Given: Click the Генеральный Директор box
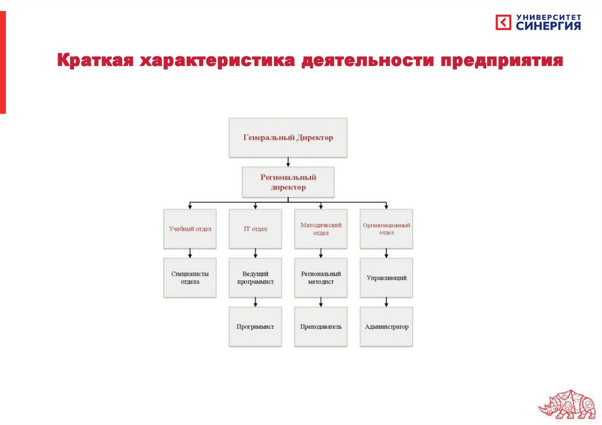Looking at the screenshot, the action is tap(288, 138).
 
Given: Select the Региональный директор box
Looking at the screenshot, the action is tap(288, 182).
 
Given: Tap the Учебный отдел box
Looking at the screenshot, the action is tap(190, 228).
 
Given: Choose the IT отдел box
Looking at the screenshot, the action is tap(255, 228).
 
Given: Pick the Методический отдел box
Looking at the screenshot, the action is tap(320, 228).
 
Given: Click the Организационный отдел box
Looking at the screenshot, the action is tap(386, 228).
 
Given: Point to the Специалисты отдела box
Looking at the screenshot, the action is tap(190, 277).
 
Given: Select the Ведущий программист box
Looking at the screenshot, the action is tap(255, 277).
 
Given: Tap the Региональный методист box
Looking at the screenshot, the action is tap(320, 277).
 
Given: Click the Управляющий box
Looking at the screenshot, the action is tap(386, 277).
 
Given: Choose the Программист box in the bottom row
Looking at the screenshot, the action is tap(255, 326).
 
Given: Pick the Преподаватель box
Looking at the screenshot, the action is tap(320, 326).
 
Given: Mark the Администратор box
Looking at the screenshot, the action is tap(386, 326).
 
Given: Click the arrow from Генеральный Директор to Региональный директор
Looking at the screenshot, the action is tap(288, 162).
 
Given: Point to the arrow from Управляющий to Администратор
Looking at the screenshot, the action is tap(386, 302).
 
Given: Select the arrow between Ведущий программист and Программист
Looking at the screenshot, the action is tap(255, 302).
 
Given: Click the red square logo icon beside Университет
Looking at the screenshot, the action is tap(504, 22).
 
